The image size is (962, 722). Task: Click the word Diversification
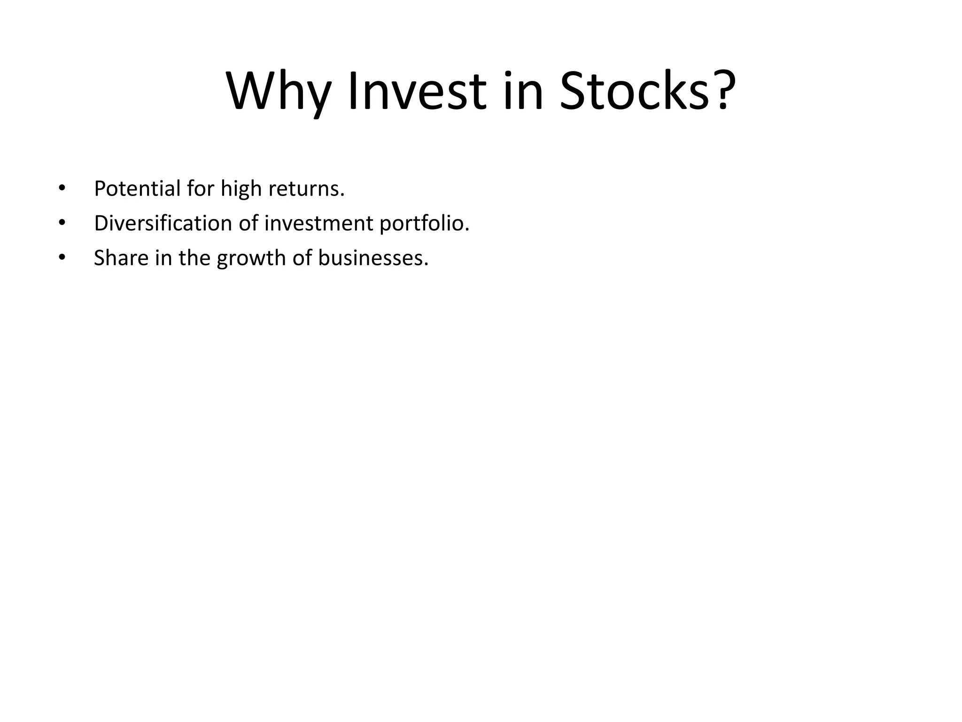pos(163,223)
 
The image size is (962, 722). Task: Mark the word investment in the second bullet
pos(319,223)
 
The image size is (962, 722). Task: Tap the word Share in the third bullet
pos(121,258)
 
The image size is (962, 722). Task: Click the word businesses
pos(373,258)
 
